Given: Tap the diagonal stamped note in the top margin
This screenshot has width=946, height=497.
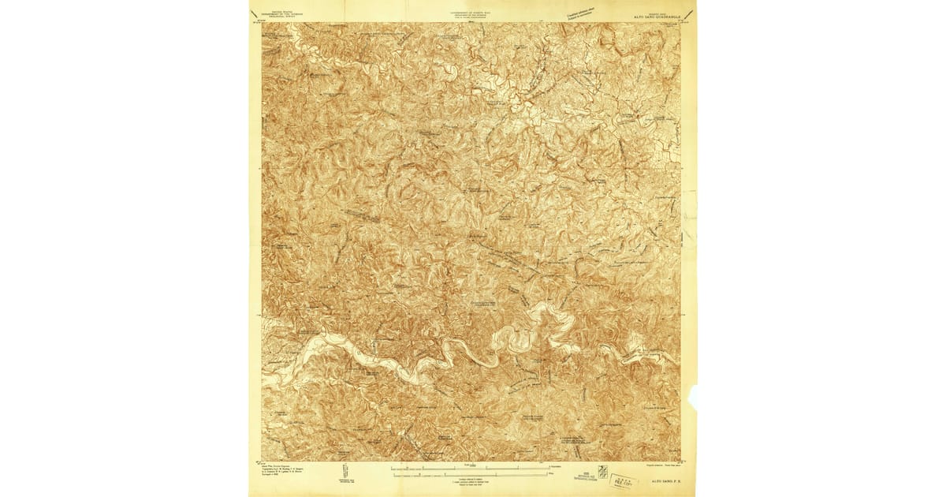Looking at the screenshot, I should point(579,11).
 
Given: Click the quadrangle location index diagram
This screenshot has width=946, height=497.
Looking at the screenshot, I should point(603,474).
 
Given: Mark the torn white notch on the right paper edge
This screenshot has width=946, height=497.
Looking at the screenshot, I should point(693,396).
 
